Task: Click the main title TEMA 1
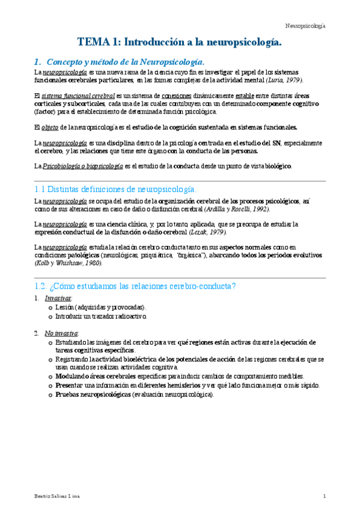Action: pyautogui.click(x=180, y=42)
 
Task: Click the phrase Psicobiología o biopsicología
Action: pyautogui.click(x=82, y=166)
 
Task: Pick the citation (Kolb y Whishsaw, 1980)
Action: pyautogui.click(x=69, y=263)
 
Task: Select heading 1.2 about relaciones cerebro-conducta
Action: pyautogui.click(x=135, y=285)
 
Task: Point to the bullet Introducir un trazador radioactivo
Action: pyautogui.click(x=100, y=316)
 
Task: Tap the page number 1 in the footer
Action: pyautogui.click(x=324, y=496)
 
